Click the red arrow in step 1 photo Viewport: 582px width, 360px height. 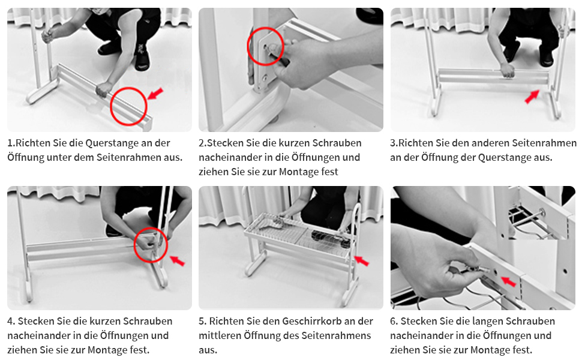click(155, 94)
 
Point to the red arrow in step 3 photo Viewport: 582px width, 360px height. click(532, 97)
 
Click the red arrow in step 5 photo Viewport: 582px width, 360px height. click(362, 260)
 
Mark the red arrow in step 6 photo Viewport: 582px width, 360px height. click(509, 281)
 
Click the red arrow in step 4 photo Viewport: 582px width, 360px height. click(177, 260)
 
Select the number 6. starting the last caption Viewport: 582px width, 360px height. click(394, 321)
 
